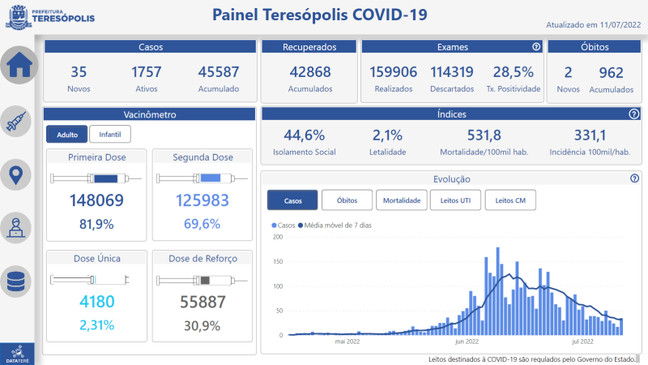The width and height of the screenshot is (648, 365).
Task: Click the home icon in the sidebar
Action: [19, 67]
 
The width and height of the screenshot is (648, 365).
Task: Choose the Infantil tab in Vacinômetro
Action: [109, 134]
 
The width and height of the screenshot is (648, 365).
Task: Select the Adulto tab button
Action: [67, 134]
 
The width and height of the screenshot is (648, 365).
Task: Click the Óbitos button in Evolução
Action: [347, 200]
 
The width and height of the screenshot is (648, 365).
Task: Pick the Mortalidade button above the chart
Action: [401, 200]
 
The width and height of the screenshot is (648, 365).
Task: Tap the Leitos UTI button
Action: [455, 200]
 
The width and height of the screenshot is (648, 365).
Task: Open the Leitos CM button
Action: [510, 200]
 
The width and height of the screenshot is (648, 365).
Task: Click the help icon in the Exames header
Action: [535, 47]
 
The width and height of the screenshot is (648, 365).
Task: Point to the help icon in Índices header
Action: [633, 114]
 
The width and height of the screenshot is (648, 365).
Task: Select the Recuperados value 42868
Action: [310, 71]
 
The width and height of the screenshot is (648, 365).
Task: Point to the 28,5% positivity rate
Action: [514, 71]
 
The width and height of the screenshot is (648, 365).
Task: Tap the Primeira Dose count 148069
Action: [96, 200]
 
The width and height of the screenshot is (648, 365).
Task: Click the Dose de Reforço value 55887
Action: [201, 302]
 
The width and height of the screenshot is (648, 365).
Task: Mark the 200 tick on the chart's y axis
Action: [278, 237]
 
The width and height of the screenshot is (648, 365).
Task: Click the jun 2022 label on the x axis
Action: [467, 341]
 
